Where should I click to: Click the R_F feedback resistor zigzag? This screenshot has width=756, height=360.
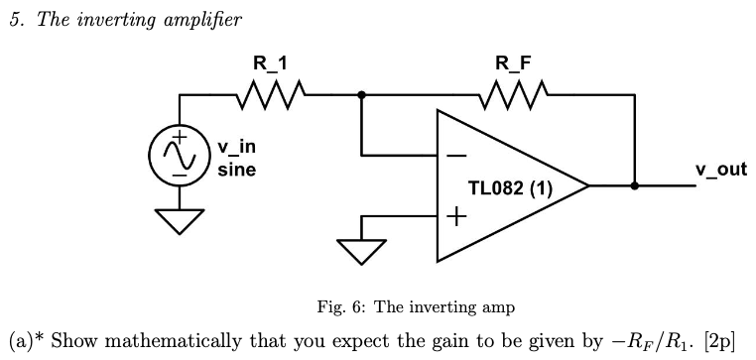511,95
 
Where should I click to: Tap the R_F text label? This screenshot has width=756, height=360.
513,64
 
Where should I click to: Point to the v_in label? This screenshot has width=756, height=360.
236,149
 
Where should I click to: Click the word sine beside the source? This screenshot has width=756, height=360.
236,170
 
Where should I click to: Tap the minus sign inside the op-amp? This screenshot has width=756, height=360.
456,156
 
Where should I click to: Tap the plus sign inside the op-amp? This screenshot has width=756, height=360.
456,215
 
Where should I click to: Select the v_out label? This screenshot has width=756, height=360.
720,170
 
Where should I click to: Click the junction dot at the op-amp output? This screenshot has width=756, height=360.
634,185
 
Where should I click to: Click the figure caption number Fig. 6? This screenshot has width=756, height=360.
327,307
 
